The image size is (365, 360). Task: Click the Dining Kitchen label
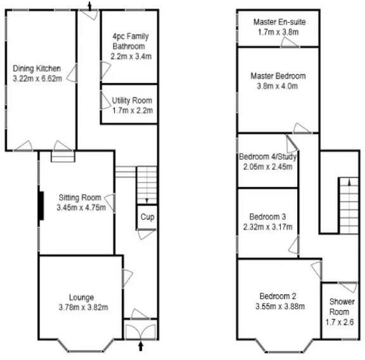point(37,68)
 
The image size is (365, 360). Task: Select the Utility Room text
point(132,100)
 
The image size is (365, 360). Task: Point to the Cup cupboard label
point(147,217)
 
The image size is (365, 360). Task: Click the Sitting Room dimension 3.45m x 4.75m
point(77,207)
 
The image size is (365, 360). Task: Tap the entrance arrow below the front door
point(141,346)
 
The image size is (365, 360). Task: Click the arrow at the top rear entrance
point(89,6)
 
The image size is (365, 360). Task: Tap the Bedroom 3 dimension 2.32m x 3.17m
point(267,225)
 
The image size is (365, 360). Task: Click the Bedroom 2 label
point(277,295)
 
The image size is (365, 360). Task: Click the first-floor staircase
point(347,203)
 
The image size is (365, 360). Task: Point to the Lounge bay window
point(80,347)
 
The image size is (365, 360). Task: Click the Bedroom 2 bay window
point(279,347)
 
